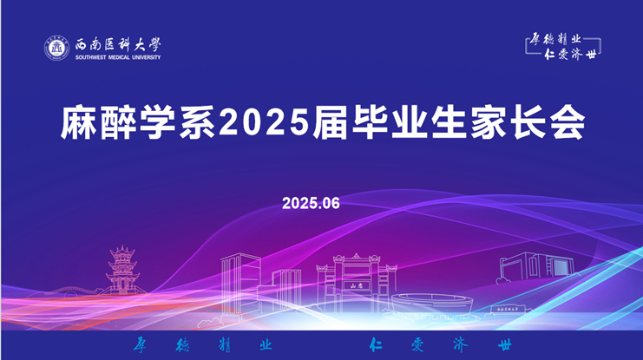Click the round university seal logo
point(56,48)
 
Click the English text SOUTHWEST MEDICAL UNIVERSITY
point(118,57)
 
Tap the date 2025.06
point(311,203)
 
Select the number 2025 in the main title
point(265,122)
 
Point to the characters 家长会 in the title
point(528,122)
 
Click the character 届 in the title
point(330,122)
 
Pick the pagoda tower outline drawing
point(122,270)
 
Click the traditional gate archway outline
point(356,283)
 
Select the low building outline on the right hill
point(536,265)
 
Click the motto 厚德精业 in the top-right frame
point(555,39)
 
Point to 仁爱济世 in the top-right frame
point(570,54)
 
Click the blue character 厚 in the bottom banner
point(140,344)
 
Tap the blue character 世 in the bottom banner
point(505,345)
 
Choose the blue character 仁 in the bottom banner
point(375,344)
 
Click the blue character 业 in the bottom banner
point(266,344)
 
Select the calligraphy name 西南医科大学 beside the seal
point(118,44)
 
